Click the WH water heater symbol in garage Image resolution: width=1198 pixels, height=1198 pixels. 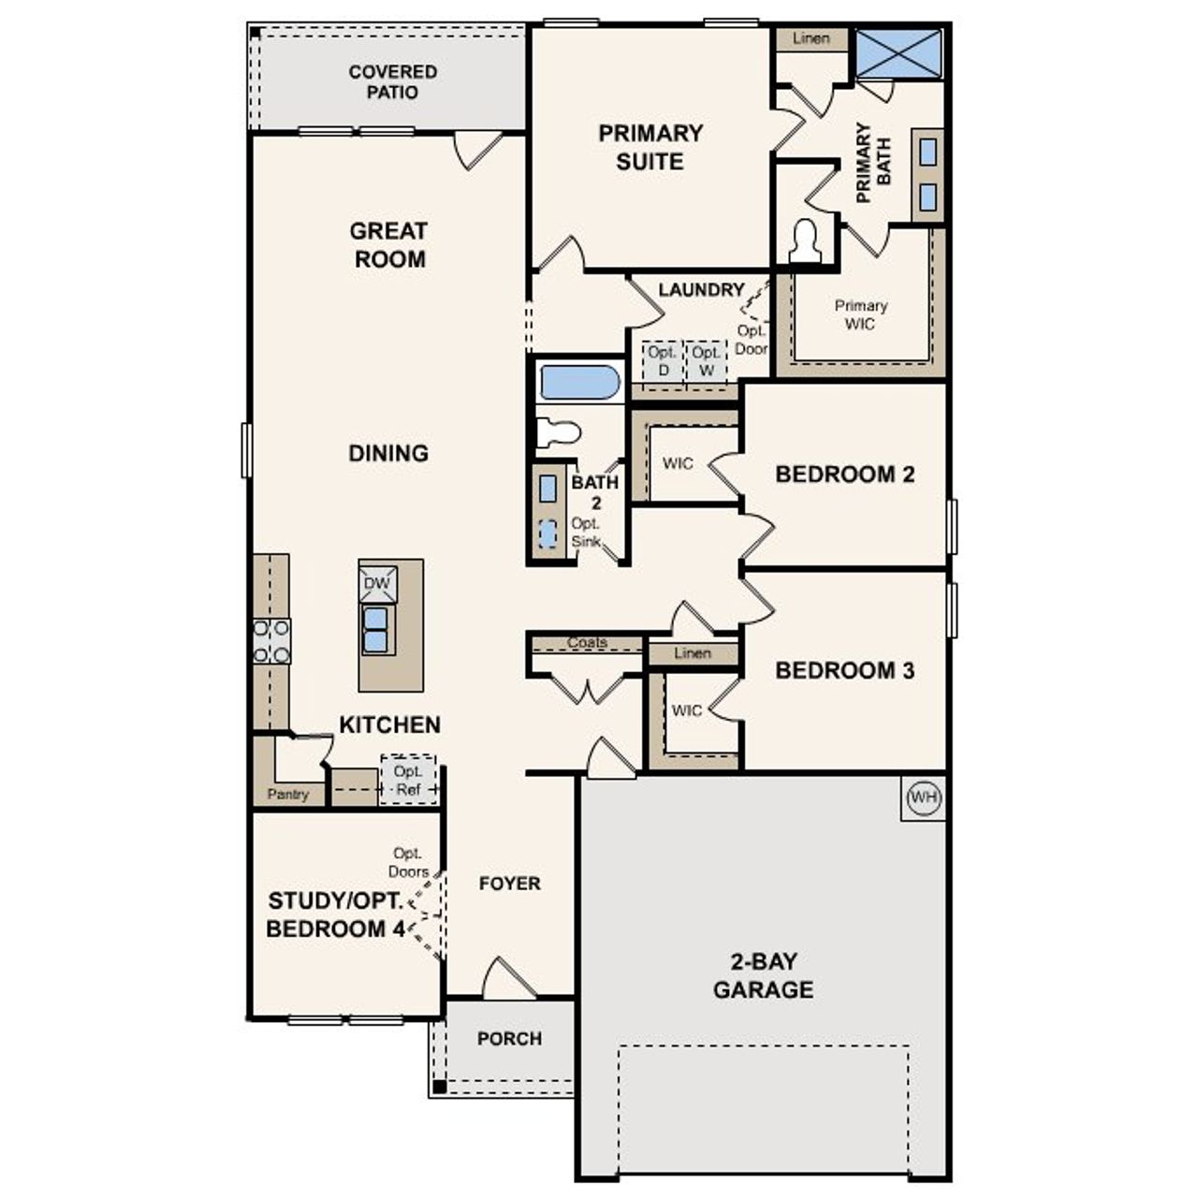pyautogui.click(x=923, y=797)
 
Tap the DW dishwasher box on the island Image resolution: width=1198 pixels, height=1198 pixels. pyautogui.click(x=377, y=584)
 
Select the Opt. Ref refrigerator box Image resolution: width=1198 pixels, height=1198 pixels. pyautogui.click(x=408, y=781)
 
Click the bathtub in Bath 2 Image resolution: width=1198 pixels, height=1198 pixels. pyautogui.click(x=579, y=383)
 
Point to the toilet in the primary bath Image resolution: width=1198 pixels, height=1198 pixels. pyautogui.click(x=805, y=242)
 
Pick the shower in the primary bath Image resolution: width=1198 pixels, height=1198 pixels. pyautogui.click(x=898, y=53)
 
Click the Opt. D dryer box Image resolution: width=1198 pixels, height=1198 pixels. pyautogui.click(x=663, y=361)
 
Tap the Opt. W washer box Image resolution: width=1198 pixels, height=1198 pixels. pyautogui.click(x=707, y=361)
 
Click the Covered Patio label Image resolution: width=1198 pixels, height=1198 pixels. pyautogui.click(x=392, y=81)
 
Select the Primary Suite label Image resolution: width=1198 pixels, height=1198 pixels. pyautogui.click(x=650, y=147)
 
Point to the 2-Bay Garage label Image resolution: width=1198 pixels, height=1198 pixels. pyautogui.click(x=763, y=975)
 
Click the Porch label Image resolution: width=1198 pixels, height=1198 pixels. pyautogui.click(x=509, y=1038)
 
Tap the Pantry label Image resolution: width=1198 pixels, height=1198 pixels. pyautogui.click(x=287, y=794)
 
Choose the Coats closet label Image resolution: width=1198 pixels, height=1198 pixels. pyautogui.click(x=587, y=643)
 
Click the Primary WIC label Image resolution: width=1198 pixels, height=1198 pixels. pyautogui.click(x=860, y=314)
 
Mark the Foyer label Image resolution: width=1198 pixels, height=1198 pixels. pyautogui.click(x=509, y=883)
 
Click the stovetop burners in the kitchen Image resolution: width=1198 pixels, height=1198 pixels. pyautogui.click(x=271, y=641)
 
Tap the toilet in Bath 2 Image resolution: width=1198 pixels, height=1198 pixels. pyautogui.click(x=560, y=432)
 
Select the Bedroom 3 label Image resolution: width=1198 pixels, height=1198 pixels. pyautogui.click(x=844, y=670)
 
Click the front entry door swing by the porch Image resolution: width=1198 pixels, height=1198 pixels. pyautogui.click(x=507, y=978)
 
